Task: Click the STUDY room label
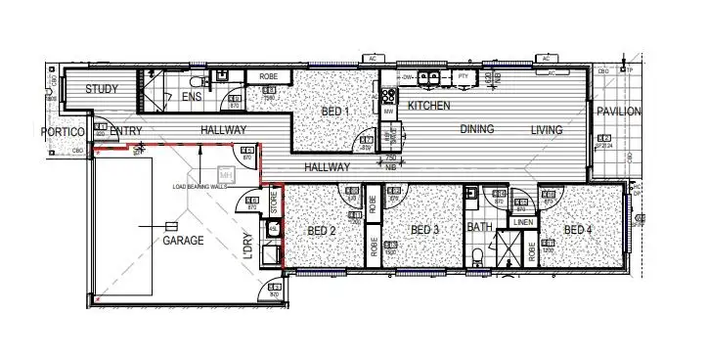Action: pyautogui.click(x=102, y=89)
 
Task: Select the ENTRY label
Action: pyautogui.click(x=127, y=131)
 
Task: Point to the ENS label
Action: pyautogui.click(x=191, y=96)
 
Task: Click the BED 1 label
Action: pyautogui.click(x=335, y=112)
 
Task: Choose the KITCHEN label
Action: pyautogui.click(x=429, y=105)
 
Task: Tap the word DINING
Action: pyautogui.click(x=477, y=129)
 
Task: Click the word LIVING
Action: pyautogui.click(x=549, y=129)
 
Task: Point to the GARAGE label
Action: pyautogui.click(x=183, y=239)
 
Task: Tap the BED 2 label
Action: pyautogui.click(x=322, y=231)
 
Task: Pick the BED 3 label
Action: pyautogui.click(x=425, y=231)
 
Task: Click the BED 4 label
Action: pyautogui.click(x=577, y=230)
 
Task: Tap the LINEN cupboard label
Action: pyautogui.click(x=523, y=223)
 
